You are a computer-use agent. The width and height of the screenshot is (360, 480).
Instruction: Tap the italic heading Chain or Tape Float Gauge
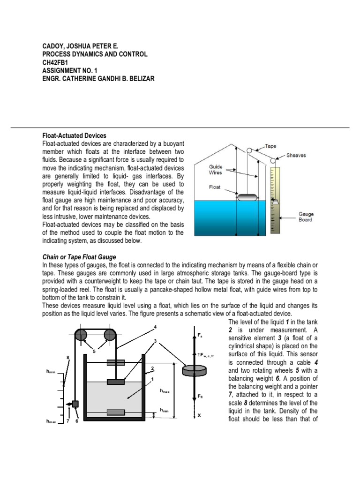point(79,257)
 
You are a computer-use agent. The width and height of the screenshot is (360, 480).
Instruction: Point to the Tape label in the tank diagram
point(270,146)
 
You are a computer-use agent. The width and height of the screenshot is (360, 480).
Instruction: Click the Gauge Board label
point(306,217)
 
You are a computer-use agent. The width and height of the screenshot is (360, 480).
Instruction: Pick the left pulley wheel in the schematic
point(81,335)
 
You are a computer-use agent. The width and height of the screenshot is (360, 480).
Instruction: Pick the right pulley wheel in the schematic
point(110,335)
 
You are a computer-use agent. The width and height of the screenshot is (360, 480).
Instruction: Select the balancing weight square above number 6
point(75,404)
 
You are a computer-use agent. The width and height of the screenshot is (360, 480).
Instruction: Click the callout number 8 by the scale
point(68,358)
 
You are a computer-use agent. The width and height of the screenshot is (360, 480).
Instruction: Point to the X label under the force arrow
point(199,415)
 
